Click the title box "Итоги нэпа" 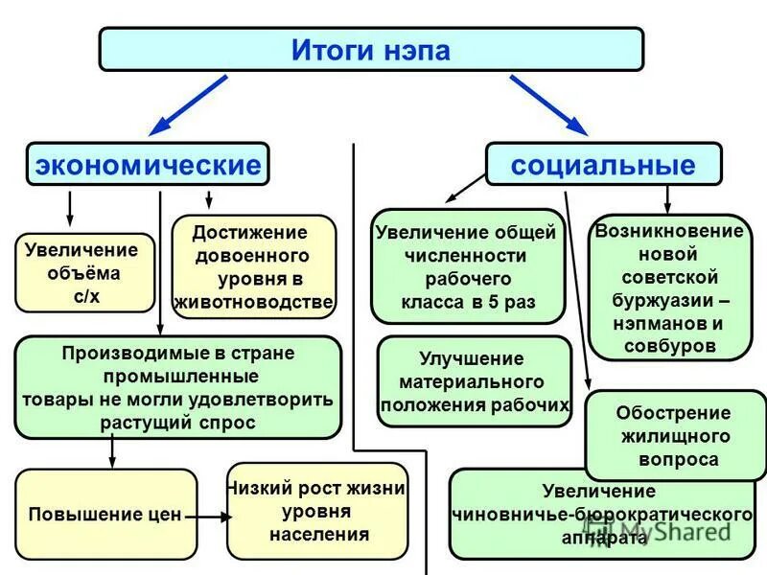[x=370, y=49]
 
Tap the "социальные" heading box [x=603, y=164]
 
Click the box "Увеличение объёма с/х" [x=85, y=273]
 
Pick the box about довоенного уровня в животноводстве [x=254, y=266]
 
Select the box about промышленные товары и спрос [x=178, y=387]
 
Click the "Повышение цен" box [x=105, y=514]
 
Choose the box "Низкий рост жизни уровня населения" [x=317, y=512]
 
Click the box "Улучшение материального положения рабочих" [x=475, y=381]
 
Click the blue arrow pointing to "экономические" [x=188, y=104]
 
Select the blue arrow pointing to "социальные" [x=547, y=104]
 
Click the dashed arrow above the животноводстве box [x=209, y=200]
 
